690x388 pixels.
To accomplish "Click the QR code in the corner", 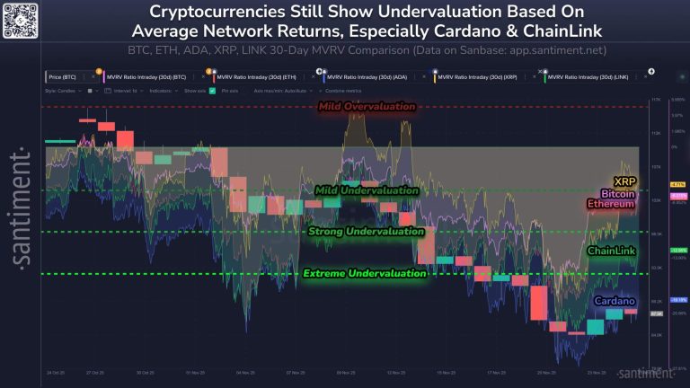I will (x=21, y=21).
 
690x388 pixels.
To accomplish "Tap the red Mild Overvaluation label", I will (x=367, y=107).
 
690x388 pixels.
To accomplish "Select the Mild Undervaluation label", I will (x=367, y=190).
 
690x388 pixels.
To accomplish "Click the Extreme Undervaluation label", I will (x=364, y=273).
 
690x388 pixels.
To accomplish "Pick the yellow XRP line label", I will (x=624, y=181).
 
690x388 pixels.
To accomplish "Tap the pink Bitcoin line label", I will (x=618, y=193).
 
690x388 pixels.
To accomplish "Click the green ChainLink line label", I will (x=611, y=251).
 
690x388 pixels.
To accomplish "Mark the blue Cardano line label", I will (x=615, y=301).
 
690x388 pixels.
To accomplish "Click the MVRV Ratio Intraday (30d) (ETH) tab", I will (x=261, y=78).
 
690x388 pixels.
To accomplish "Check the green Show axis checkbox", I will (x=212, y=91).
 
